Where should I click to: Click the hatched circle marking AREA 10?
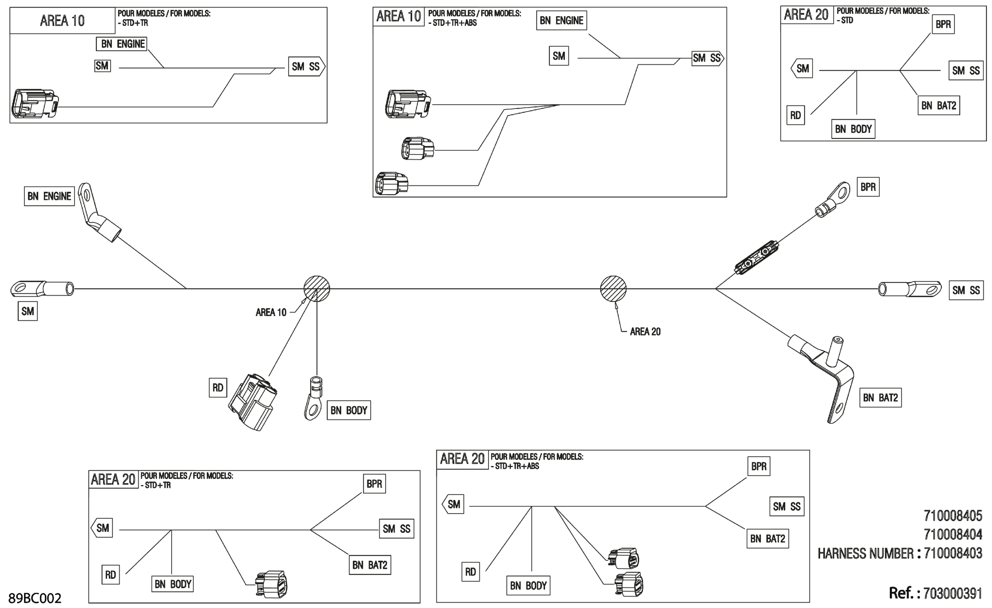point(317,289)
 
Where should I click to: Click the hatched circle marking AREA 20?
point(613,289)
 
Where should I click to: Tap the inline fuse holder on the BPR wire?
point(756,258)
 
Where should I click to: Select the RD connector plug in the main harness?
point(253,401)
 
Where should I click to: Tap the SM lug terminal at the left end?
point(42,289)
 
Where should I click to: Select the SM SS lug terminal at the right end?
point(909,289)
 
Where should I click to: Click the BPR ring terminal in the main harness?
point(833,199)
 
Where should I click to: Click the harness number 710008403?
point(953,553)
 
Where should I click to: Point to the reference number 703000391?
point(953,593)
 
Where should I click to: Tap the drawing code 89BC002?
point(35,598)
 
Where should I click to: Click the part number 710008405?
point(953,515)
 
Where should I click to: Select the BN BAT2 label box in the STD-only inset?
point(938,106)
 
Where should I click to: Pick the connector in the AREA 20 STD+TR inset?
point(271,584)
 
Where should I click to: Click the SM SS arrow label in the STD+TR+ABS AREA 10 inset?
point(707,58)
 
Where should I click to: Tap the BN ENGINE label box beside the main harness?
point(49,196)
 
